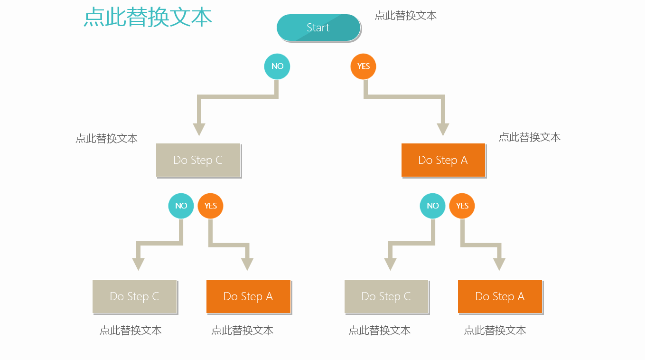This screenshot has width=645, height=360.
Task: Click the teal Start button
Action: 318,28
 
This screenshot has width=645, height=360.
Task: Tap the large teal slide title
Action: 148,17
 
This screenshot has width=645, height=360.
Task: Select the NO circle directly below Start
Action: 277,66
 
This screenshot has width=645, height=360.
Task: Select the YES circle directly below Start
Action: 364,66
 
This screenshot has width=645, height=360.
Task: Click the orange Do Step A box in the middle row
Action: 443,160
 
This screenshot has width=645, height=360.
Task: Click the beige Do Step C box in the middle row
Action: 198,160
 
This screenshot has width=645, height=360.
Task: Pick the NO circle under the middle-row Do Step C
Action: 181,206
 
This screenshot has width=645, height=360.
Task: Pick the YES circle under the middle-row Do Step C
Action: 210,206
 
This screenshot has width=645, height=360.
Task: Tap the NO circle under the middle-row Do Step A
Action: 432,206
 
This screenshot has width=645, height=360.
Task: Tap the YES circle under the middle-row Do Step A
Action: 462,206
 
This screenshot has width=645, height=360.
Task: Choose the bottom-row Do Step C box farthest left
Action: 134,296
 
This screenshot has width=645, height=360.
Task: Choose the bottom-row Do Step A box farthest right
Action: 500,296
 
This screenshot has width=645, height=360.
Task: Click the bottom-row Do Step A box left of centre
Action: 248,296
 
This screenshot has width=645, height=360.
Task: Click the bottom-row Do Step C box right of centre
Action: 386,296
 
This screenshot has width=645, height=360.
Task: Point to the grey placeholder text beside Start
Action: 405,16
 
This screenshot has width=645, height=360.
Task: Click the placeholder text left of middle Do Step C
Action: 106,139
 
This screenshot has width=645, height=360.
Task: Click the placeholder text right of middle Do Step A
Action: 530,137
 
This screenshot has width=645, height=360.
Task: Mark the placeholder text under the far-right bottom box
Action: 495,330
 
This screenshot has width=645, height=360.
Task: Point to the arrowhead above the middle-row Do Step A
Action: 443,129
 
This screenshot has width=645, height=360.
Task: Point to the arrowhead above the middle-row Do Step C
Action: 199,129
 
